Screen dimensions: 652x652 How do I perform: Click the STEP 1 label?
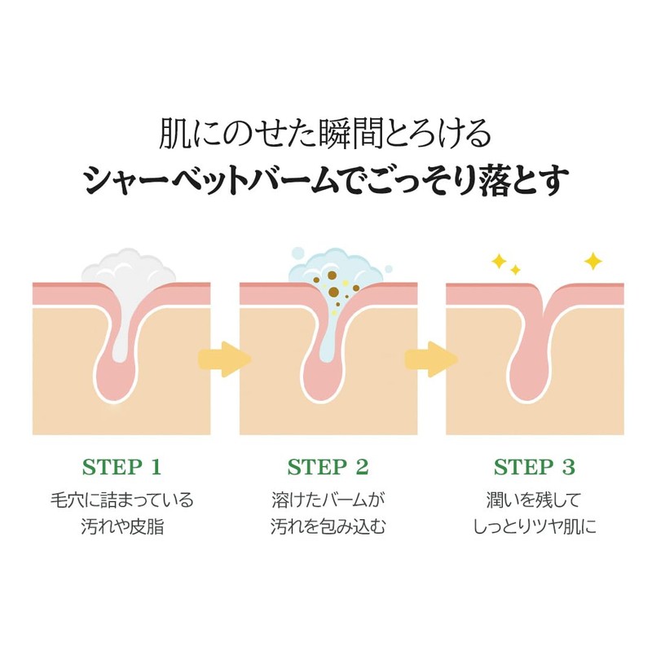[121, 467]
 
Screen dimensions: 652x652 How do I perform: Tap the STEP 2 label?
[328, 467]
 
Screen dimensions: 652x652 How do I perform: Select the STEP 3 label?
[535, 467]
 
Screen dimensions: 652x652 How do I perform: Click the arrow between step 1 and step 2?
[222, 359]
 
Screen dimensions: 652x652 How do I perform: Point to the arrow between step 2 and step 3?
[430, 359]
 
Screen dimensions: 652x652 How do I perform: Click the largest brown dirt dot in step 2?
[333, 292]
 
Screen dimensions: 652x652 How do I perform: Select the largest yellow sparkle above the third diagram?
[593, 261]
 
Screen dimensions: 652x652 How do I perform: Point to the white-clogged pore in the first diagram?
[122, 342]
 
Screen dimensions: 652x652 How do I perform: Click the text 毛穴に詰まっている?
[121, 499]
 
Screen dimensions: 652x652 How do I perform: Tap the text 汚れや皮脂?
[121, 526]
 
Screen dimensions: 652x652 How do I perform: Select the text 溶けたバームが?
[328, 499]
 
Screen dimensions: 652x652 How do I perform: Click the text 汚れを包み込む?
[328, 526]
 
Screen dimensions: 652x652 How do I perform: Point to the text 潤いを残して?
[535, 499]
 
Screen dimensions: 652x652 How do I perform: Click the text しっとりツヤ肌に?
[535, 526]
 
